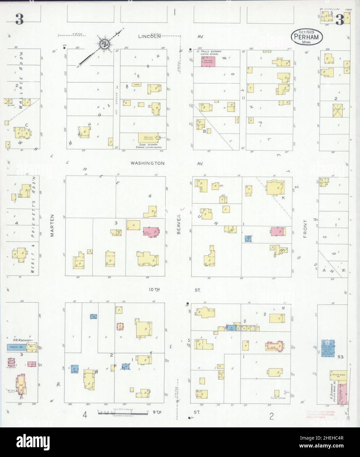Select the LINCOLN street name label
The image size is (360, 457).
pyautogui.click(x=149, y=36)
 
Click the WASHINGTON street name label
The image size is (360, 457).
pyautogui.click(x=147, y=163)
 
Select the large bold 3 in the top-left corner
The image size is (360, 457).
pyautogui.click(x=19, y=20)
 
